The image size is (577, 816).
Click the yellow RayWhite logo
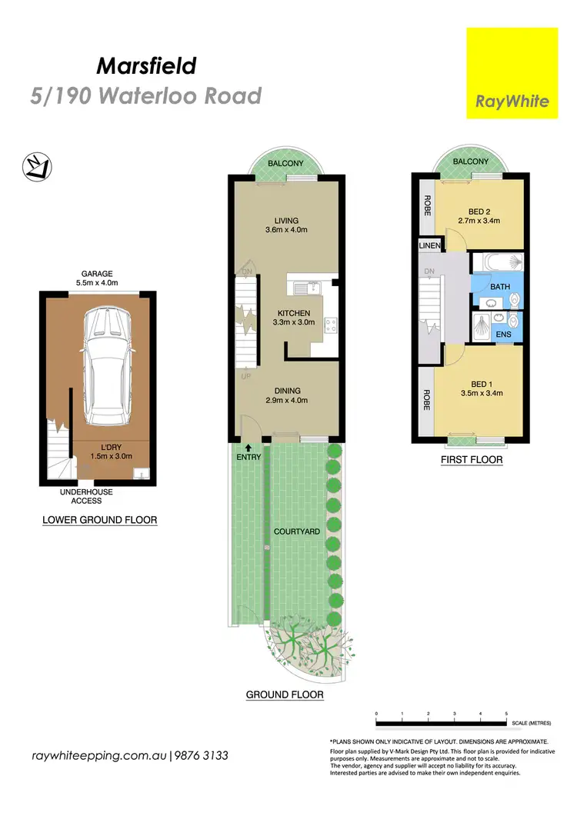tap(512, 73)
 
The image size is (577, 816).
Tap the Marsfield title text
tap(145, 66)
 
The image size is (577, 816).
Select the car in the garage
tap(108, 366)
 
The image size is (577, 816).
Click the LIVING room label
tap(285, 220)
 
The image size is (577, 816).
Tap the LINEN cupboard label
tap(429, 245)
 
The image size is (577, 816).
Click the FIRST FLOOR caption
tap(471, 460)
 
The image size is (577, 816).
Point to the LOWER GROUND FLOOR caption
tap(99, 520)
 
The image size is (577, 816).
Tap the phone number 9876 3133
tap(202, 756)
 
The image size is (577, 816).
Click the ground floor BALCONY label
tap(285, 163)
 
